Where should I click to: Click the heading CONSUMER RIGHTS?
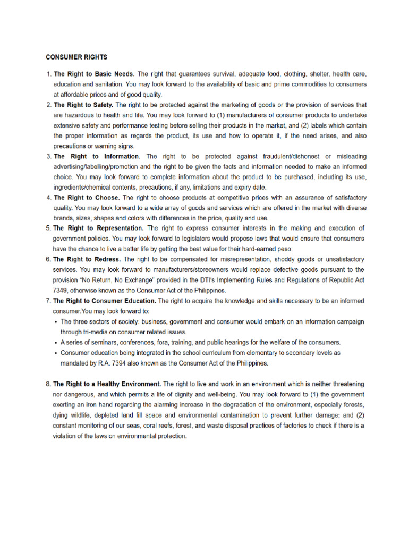coord(76,56)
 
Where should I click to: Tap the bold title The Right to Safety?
coord(83,105)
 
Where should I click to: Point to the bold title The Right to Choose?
coord(86,198)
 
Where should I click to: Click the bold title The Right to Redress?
coord(87,259)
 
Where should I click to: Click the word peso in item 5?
coord(285,249)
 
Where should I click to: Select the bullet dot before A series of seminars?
coord(56,342)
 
